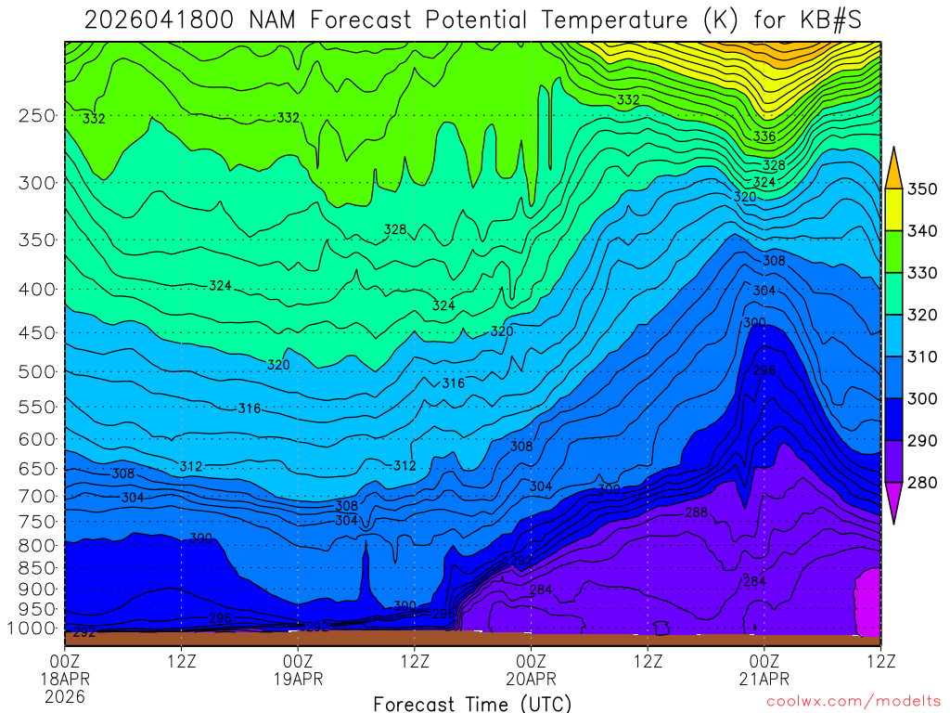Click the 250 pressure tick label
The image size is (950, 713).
pyautogui.click(x=36, y=116)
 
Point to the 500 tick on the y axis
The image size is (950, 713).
pyautogui.click(x=36, y=372)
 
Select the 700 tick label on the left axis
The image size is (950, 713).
pyautogui.click(x=36, y=496)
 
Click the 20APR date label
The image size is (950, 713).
pyautogui.click(x=531, y=679)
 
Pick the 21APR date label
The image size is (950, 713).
pyautogui.click(x=764, y=679)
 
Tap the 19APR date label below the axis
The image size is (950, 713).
pyautogui.click(x=298, y=679)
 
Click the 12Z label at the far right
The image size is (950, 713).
pyautogui.click(x=879, y=661)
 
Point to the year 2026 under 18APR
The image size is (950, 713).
pyautogui.click(x=64, y=696)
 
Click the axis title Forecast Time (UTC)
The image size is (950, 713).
pyautogui.click(x=472, y=704)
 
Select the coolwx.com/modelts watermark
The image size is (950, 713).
pyautogui.click(x=854, y=702)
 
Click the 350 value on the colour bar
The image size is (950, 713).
pyautogui.click(x=922, y=189)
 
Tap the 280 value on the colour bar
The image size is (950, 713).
pyautogui.click(x=922, y=483)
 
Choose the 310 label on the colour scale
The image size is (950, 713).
pyautogui.click(x=922, y=357)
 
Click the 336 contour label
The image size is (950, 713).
pyautogui.click(x=764, y=136)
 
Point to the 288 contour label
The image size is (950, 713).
pyautogui.click(x=696, y=512)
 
